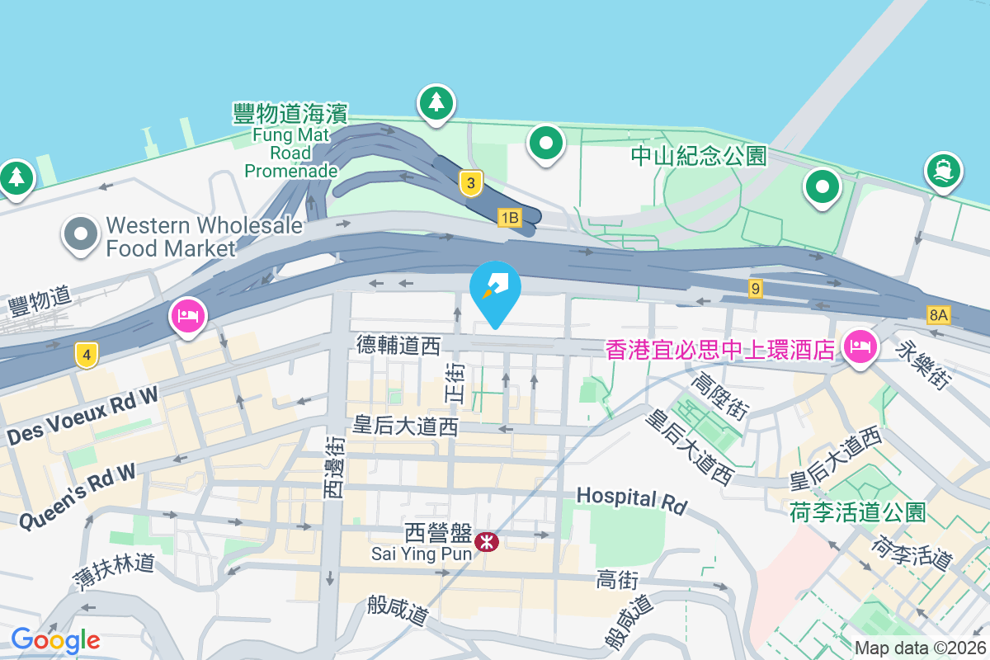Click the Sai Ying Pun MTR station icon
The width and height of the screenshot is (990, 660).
(487, 541)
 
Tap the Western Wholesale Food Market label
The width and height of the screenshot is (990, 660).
(171, 236)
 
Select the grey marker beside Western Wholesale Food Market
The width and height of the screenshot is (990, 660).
(80, 235)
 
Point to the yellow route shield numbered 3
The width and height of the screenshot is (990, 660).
(470, 183)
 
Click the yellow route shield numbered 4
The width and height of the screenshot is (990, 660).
(86, 356)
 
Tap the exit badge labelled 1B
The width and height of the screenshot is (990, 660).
(510, 218)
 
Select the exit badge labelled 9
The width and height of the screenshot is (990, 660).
(755, 289)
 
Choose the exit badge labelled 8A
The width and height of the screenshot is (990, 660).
(939, 314)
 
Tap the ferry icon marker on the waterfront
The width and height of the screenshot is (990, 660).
(944, 170)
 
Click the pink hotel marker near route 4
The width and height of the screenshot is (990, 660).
(188, 316)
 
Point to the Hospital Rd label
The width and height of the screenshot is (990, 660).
(631, 498)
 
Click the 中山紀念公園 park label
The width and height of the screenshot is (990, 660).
(699, 155)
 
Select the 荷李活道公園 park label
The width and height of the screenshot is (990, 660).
(857, 511)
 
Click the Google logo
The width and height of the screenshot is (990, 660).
(56, 639)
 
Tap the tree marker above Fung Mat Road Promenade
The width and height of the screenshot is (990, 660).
(436, 103)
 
